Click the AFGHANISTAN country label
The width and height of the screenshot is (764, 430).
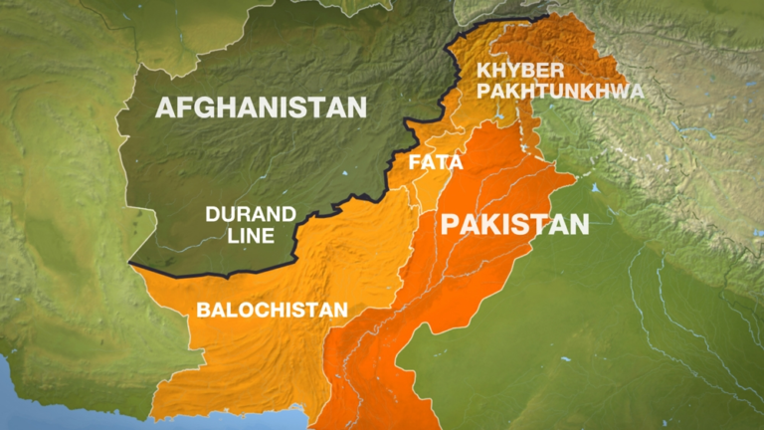click(261, 107)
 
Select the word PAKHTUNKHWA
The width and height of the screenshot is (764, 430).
click(559, 91)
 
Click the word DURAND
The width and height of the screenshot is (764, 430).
click(251, 213)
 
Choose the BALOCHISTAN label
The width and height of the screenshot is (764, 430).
click(272, 310)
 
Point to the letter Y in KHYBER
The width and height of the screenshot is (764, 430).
click(503, 70)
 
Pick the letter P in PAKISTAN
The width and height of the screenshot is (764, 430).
click(451, 224)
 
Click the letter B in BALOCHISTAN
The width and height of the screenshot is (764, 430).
click(203, 310)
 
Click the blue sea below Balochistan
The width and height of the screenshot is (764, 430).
click(60, 408)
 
